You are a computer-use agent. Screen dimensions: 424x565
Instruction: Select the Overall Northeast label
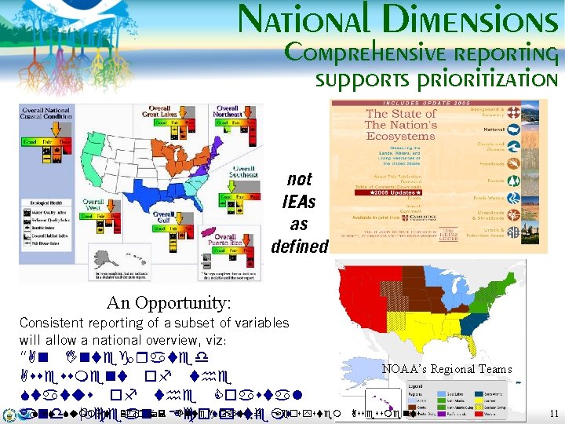coord(228,111)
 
